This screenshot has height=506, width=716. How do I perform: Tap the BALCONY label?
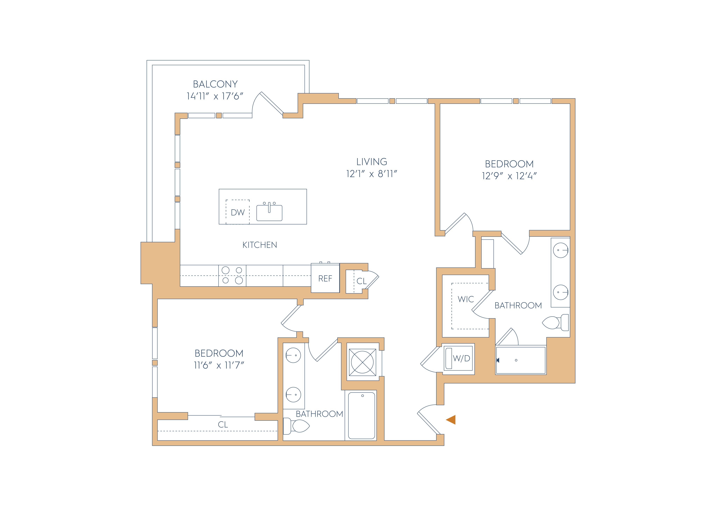pos(215,84)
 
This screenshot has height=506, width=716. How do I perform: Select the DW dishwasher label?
pos(238,213)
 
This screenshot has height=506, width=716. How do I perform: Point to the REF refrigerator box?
pos(325,278)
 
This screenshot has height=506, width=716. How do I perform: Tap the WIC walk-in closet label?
pos(466,299)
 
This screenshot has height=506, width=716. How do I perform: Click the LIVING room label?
pos(372,162)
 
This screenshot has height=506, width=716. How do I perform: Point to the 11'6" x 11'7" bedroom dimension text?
pos(219,365)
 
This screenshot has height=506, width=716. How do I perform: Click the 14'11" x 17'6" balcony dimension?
pos(215,96)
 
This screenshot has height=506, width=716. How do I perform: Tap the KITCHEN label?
pos(260,245)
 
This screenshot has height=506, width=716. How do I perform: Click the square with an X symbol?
pos(362,362)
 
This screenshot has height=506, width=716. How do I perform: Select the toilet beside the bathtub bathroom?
pos(296,426)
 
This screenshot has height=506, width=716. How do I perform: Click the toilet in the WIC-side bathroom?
pos(556,323)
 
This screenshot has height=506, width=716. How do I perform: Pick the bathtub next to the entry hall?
pos(362,416)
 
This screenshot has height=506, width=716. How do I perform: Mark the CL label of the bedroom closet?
pos(223,425)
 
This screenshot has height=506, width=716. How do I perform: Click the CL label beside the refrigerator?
pos(362,281)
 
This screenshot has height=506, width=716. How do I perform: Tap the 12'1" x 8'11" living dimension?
pos(372,174)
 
